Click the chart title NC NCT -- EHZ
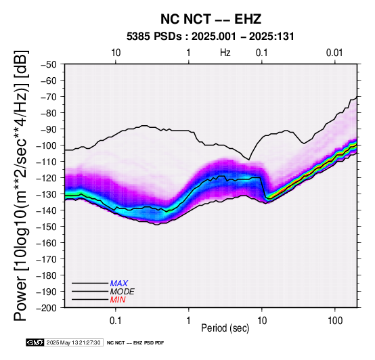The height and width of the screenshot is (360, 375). click(x=211, y=19)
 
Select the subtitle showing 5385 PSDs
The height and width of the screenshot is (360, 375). click(x=211, y=37)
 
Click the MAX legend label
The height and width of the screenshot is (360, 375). click(x=119, y=284)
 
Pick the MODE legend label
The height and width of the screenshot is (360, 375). click(x=123, y=292)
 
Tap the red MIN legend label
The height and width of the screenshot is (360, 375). click(x=118, y=300)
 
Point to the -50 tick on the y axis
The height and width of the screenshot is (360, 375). click(x=49, y=64)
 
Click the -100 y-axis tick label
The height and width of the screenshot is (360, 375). click(x=47, y=145)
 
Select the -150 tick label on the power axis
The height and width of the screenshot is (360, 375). click(x=47, y=227)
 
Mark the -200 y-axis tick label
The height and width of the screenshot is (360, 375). click(x=47, y=308)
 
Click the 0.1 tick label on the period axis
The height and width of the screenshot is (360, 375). click(x=116, y=321)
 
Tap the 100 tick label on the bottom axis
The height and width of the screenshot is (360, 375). click(x=335, y=321)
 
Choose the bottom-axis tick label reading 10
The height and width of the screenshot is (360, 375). click(x=262, y=321)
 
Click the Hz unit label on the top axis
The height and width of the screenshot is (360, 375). click(x=225, y=53)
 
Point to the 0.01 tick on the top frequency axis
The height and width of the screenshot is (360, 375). click(x=334, y=53)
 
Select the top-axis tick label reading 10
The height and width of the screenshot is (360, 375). click(x=116, y=53)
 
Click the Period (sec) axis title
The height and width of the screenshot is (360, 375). click(x=225, y=328)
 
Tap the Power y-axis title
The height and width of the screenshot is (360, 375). click(x=21, y=185)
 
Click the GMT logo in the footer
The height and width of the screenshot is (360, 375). click(x=35, y=343)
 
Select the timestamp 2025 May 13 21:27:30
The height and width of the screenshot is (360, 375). click(x=73, y=343)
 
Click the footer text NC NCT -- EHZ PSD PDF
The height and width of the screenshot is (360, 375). click(x=135, y=343)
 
